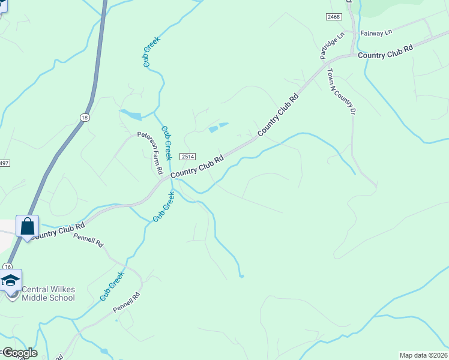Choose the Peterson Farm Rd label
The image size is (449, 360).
pyautogui.click(x=151, y=153)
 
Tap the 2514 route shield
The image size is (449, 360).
pyautogui.click(x=187, y=156)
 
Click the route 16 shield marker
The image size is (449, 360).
pyautogui.click(x=7, y=266)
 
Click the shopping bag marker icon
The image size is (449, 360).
pyautogui.click(x=28, y=227)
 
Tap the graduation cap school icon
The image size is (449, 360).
pyautogui.click(x=11, y=281)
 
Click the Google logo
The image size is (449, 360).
pyautogui.click(x=19, y=353)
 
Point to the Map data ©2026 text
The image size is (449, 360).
pyautogui.click(x=423, y=355)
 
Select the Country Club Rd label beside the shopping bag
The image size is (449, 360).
pyautogui.click(x=58, y=231)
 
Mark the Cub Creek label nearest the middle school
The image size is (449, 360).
pyautogui.click(x=112, y=286)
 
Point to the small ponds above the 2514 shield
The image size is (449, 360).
pyautogui.click(x=218, y=127)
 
